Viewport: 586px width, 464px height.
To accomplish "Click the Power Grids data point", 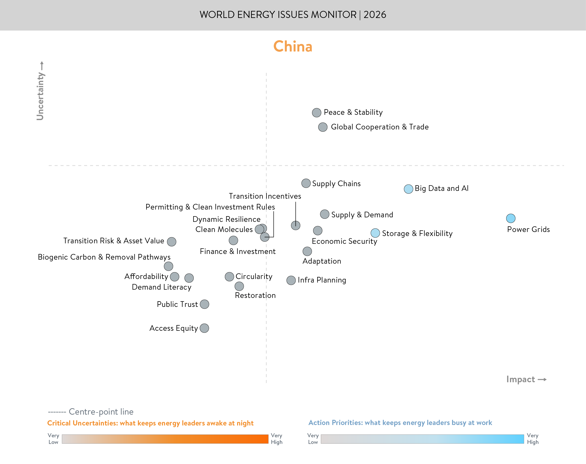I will click(x=510, y=218).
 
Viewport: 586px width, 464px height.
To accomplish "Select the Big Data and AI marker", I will click(x=408, y=189).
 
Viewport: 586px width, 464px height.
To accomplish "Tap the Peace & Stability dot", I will click(x=316, y=112).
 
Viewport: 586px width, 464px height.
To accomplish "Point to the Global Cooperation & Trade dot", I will click(x=323, y=127).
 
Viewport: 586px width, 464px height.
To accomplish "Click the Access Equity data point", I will click(x=204, y=328).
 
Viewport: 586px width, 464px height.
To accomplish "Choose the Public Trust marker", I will click(x=204, y=304).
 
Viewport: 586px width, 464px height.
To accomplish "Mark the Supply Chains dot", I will click(x=306, y=183).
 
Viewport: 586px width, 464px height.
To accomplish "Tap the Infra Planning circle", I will click(x=291, y=280).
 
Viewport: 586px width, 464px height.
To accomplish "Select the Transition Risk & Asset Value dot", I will click(x=171, y=241).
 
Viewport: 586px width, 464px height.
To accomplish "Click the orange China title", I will click(x=292, y=47).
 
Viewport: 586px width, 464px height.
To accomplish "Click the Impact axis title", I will click(x=521, y=379).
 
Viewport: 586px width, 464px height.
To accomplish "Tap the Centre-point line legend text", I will click(x=101, y=412).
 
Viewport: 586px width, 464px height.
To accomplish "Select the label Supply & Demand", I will click(x=362, y=215).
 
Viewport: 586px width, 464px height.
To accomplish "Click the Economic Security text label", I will click(x=344, y=241).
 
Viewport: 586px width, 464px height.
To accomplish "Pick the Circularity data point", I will click(x=229, y=277).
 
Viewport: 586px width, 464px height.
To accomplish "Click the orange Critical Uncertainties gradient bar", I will click(x=165, y=439).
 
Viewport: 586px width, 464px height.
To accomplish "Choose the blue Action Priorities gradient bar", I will click(x=422, y=439).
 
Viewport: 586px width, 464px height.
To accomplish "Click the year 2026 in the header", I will click(x=375, y=15).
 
